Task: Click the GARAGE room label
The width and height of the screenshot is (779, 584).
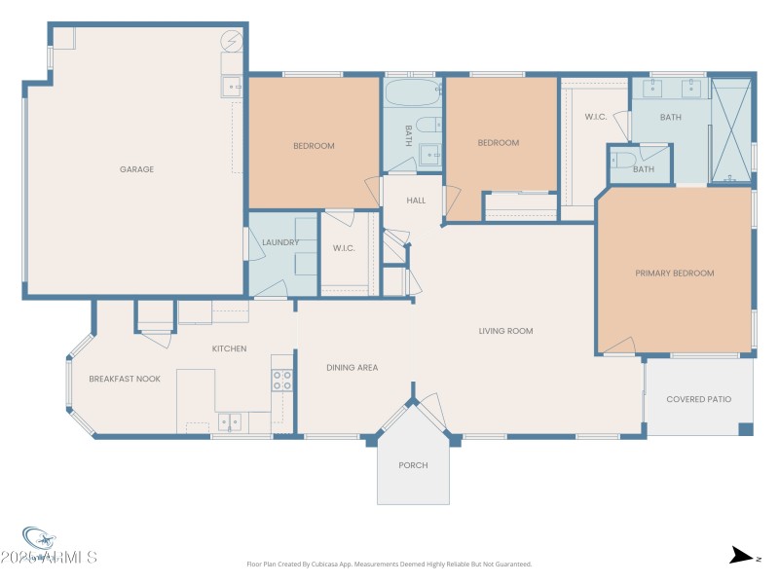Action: click(136, 169)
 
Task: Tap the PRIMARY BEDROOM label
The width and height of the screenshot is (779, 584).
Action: click(674, 274)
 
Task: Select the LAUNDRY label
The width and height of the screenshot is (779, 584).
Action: click(280, 242)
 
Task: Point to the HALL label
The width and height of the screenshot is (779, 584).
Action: click(417, 201)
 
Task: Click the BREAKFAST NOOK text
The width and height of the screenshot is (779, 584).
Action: click(125, 379)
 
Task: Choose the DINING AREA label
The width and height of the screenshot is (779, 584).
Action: click(352, 367)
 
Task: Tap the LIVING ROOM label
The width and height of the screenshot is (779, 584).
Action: click(505, 331)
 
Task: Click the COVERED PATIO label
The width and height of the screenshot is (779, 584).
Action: click(698, 399)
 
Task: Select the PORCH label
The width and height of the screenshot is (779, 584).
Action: click(413, 465)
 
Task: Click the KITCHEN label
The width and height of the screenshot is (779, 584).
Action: click(230, 348)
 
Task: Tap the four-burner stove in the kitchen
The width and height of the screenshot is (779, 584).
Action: click(281, 380)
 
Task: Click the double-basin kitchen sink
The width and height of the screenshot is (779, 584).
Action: click(231, 421)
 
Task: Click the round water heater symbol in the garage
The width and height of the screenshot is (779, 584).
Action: click(232, 42)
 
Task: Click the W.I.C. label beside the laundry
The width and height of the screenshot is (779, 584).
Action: click(344, 248)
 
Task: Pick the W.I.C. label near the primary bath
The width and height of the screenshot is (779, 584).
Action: click(596, 117)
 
